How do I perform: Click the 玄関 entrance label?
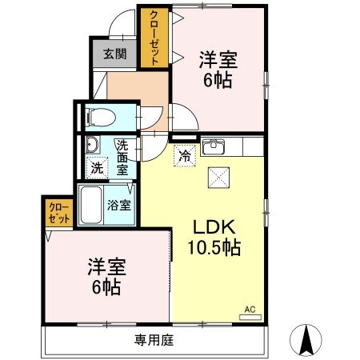[x=114, y=54]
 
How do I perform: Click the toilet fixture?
[x=100, y=115]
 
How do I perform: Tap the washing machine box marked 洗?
[x=96, y=169]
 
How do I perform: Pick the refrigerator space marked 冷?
[x=184, y=156]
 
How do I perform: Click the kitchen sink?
[x=214, y=148]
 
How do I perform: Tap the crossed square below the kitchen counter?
[x=217, y=178]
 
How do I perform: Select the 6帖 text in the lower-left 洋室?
[x=106, y=286]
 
